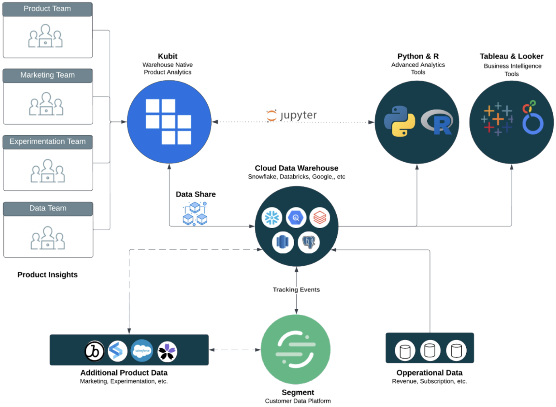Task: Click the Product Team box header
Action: (47, 9)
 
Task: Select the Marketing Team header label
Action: (47, 75)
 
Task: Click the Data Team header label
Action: (48, 209)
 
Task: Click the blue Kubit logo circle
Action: (169, 122)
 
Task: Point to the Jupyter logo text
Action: (292, 115)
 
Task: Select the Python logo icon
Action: (399, 121)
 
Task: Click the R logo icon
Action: (437, 122)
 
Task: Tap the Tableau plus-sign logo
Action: (497, 119)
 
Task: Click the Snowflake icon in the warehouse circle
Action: (272, 218)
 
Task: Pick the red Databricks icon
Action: (320, 218)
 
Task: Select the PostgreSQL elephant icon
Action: (309, 242)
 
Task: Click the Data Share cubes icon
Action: (195, 214)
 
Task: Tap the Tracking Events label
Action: (296, 289)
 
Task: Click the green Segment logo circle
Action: (296, 349)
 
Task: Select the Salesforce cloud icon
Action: (142, 351)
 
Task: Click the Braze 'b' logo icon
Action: (95, 351)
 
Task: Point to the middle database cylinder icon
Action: (430, 350)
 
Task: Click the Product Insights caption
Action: (47, 275)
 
